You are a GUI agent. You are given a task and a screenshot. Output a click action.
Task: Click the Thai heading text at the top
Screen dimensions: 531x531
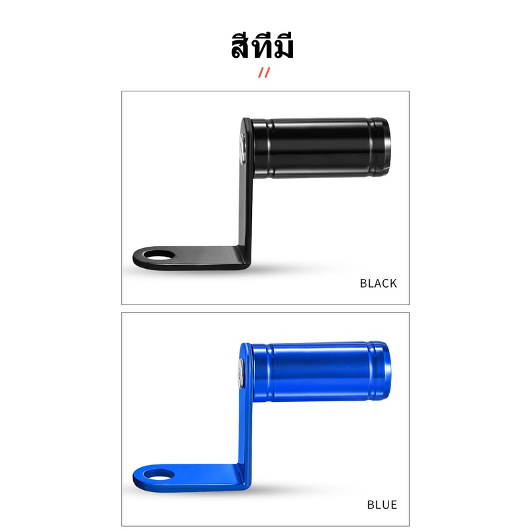click(x=262, y=46)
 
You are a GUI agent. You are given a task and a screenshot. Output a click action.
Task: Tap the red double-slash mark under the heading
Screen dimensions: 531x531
click(x=264, y=73)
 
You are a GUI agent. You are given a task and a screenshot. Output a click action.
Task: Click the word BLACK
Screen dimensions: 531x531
click(x=378, y=284)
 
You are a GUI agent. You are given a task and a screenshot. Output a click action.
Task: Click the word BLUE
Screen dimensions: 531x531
click(x=382, y=505)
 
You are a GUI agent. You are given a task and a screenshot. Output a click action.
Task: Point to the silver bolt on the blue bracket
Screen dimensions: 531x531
click(x=241, y=373)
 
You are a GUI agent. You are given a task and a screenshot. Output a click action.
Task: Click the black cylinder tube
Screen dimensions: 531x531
click(x=321, y=148)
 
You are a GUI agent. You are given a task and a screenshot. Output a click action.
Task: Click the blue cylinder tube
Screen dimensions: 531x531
click(x=321, y=371)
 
